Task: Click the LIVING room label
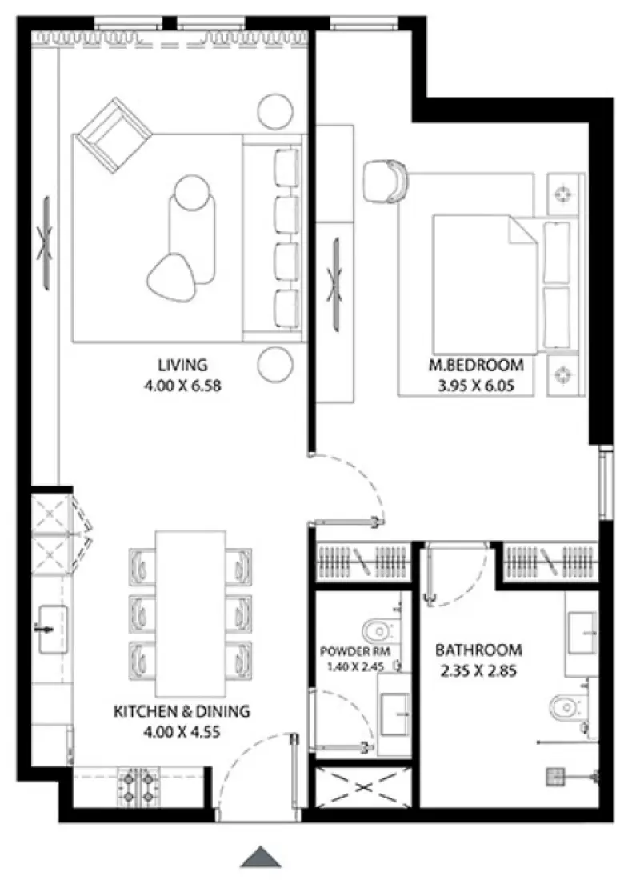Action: pos(182,365)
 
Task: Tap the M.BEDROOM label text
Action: pos(476,366)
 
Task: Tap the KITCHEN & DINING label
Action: pos(182,710)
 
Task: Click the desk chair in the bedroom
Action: pos(385,180)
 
